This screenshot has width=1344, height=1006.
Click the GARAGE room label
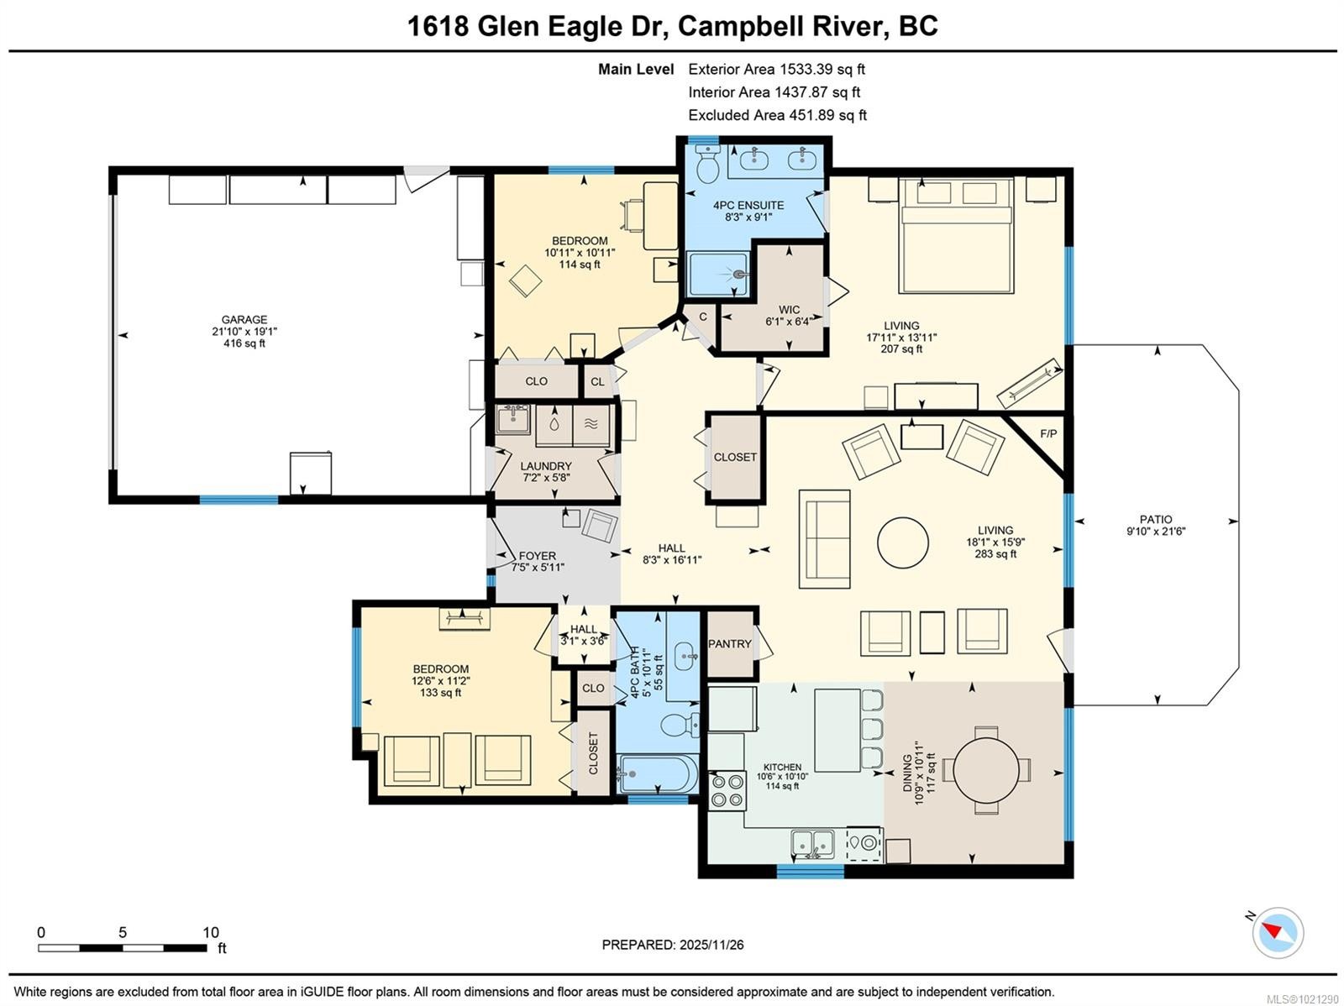coord(244,320)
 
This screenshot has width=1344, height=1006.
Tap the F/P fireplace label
coord(1048,434)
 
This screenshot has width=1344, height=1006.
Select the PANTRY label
coord(730,644)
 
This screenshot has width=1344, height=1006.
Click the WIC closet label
coord(789,310)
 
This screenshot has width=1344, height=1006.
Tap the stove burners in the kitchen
coord(727,790)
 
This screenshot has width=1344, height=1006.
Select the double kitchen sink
coord(812,842)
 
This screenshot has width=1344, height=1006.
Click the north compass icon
coord(1278,932)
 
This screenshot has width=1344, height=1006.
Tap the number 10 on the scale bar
coord(211,932)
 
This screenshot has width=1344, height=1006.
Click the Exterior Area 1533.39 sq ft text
coord(776,70)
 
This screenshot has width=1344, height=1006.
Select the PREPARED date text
coord(673,945)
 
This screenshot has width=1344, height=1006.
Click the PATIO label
coord(1156,520)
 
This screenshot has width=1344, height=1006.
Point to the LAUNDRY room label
coord(546,466)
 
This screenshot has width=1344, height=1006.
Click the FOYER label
coord(538,556)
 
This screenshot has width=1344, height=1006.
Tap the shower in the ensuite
coord(718,275)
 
